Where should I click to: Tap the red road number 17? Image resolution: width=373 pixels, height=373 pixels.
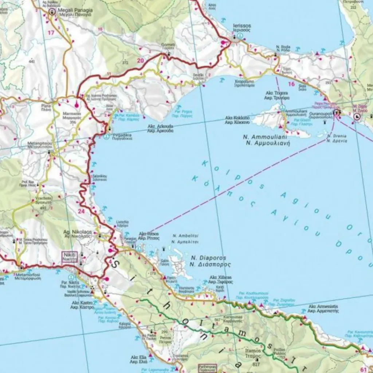coord(51,33)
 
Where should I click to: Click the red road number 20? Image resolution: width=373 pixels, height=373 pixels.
coord(141,60)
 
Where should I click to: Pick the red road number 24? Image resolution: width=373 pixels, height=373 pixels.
coord(81,210)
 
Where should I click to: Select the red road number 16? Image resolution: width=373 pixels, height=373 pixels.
coord(291,84)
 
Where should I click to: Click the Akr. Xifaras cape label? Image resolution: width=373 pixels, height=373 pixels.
coord(221,279)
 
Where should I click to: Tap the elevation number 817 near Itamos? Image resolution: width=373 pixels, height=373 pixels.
coord(256,364)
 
